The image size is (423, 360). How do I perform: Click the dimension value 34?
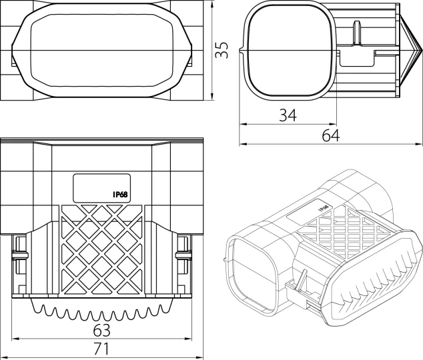[x=288, y=115]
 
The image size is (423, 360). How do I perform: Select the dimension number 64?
[x=331, y=135]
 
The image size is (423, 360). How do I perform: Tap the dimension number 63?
[x=101, y=330]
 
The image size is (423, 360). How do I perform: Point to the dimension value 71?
[x=101, y=349]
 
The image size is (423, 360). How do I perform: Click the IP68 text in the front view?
[x=120, y=194]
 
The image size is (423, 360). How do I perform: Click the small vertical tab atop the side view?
[x=357, y=32]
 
